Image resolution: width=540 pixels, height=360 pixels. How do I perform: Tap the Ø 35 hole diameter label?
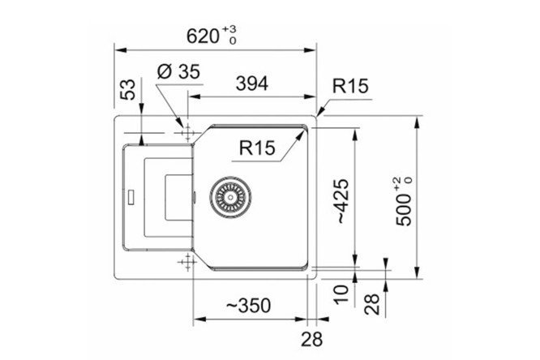(178, 72)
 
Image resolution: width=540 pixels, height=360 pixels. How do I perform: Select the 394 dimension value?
(251, 84)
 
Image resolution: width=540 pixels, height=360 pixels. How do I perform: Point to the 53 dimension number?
(128, 89)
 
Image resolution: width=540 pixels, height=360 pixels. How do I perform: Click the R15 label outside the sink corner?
(350, 86)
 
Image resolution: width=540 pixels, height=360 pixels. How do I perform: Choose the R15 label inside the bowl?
(257, 148)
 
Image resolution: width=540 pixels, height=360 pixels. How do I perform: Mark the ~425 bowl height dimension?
(343, 201)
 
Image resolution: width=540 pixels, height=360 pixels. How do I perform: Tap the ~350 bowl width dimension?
(249, 305)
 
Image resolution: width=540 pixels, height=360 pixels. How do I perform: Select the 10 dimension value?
(342, 294)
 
